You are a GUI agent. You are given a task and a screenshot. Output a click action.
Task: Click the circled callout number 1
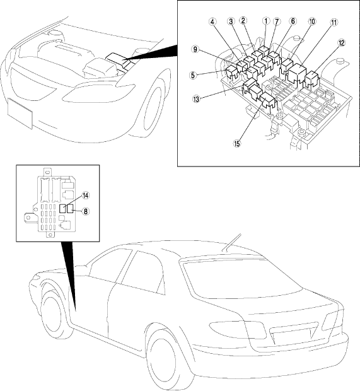[x=266, y=21]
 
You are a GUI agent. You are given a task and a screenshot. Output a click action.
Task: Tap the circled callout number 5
[x=193, y=75]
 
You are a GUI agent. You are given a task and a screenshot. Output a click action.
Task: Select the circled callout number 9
[x=195, y=49]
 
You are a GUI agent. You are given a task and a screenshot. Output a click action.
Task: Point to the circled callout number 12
[x=341, y=43]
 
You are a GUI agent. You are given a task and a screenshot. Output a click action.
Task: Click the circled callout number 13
[x=196, y=99]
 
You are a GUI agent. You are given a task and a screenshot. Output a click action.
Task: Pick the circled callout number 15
[x=237, y=143]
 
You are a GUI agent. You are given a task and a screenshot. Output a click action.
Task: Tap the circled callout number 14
[x=86, y=195]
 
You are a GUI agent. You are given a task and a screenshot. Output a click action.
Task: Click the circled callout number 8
[x=86, y=212]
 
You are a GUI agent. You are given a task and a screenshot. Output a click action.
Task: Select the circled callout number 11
[x=334, y=23]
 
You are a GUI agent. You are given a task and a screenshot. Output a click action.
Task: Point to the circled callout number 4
[x=212, y=21]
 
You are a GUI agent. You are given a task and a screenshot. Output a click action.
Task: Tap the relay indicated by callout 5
[x=233, y=73]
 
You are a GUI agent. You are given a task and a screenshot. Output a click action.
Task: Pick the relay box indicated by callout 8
[x=71, y=209]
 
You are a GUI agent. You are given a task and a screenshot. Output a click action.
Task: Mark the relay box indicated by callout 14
[x=62, y=209]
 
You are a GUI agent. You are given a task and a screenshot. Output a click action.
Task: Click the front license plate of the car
[x=20, y=113]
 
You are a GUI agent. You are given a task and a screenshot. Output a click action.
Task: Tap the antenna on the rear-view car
[x=232, y=242]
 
